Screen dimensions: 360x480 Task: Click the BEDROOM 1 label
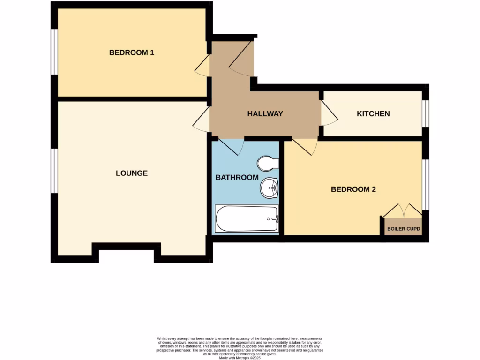(132, 52)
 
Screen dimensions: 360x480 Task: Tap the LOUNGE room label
(132, 173)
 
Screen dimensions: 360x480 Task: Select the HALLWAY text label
(265, 113)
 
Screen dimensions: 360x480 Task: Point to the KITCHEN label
(373, 113)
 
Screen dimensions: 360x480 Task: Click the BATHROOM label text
(237, 177)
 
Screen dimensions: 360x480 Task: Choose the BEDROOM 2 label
(353, 189)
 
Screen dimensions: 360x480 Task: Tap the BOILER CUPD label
(403, 230)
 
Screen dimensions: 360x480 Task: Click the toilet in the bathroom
(268, 163)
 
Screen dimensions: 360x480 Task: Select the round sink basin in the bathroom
(270, 188)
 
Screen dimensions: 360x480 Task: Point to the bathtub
(247, 218)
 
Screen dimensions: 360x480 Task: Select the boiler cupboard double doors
(403, 210)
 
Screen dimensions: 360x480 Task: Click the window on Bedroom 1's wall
(54, 52)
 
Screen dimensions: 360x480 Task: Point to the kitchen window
(425, 113)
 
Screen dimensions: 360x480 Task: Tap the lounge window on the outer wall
(54, 171)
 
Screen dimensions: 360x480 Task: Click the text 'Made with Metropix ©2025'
(240, 357)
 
